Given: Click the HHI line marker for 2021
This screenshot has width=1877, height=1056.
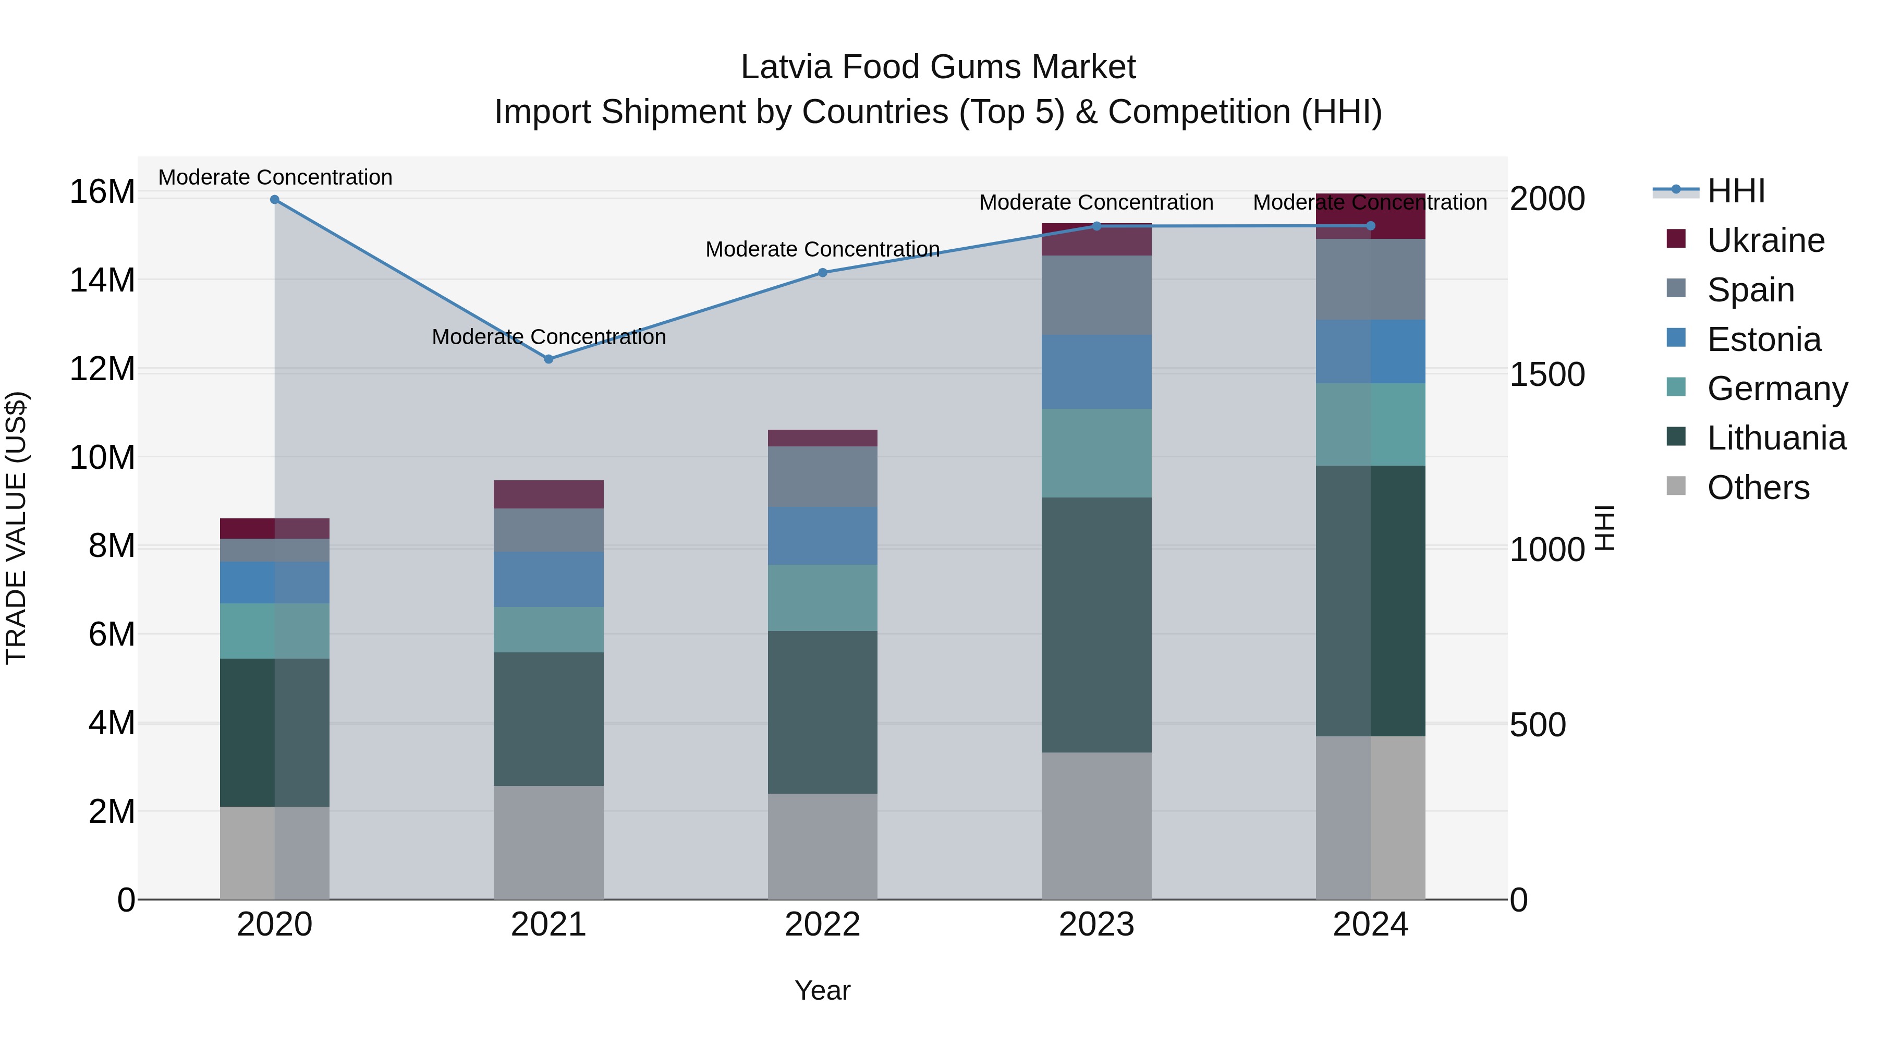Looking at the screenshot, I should coord(549,359).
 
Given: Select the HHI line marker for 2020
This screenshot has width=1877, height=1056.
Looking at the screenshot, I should coord(275,200).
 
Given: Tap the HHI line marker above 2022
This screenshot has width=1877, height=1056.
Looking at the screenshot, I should coord(823,273).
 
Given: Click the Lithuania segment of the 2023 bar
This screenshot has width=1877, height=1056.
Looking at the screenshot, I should coord(1096,625).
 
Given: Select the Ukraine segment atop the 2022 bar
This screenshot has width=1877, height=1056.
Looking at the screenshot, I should coord(823,438).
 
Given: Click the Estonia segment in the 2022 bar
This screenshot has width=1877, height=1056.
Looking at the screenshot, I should coord(823,536).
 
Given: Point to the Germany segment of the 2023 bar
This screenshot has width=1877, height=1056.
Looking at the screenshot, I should coord(1096,453).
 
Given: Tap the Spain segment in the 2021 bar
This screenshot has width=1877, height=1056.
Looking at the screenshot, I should coord(549,530).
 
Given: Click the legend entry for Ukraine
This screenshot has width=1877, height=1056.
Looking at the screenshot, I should coord(1765,240).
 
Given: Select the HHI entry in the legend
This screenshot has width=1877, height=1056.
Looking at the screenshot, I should coord(1736,191).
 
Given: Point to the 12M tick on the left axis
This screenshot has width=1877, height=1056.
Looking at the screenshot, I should coord(102,369).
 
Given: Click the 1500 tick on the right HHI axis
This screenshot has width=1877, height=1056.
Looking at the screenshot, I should coord(1547,374).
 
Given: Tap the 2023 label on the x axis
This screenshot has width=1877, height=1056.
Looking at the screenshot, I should coord(1096,925).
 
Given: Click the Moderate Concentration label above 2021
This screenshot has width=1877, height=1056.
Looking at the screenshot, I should coord(549,337).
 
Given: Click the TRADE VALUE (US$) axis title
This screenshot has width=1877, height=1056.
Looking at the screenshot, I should coord(17,528).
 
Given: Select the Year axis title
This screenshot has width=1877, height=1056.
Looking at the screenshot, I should coord(823,990).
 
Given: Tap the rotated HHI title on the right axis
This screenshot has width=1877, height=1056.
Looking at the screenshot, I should coord(1605,528).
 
